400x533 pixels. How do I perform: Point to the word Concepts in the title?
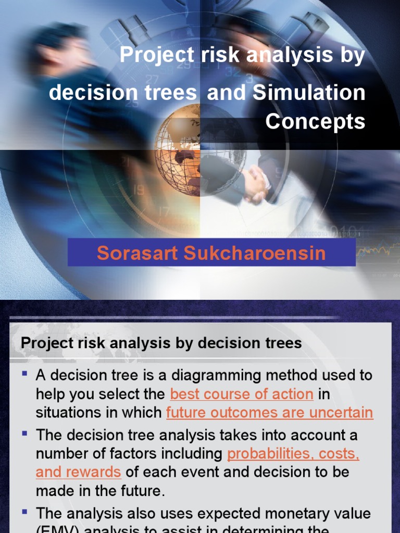(315, 121)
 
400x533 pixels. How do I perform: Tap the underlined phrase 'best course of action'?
(242, 394)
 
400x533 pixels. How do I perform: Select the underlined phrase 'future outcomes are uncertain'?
(269, 413)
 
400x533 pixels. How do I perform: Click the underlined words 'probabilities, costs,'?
(293, 453)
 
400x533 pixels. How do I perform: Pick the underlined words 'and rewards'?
(78, 472)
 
